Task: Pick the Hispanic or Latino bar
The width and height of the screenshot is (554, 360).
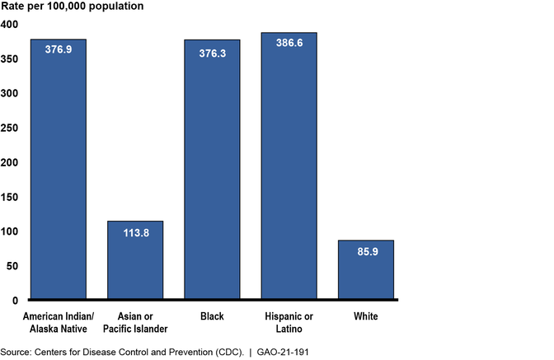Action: [x=289, y=165]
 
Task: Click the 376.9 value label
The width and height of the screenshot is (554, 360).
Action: [x=59, y=49]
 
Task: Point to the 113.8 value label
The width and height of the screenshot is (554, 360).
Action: [x=135, y=231]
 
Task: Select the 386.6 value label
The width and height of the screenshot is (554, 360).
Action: [x=289, y=43]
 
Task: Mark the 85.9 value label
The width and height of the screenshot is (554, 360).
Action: [x=365, y=250]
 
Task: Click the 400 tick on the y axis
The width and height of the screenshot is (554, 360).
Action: [x=9, y=25]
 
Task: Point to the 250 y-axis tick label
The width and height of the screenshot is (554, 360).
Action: [x=9, y=128]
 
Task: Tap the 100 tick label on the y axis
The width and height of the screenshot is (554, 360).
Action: [x=9, y=231]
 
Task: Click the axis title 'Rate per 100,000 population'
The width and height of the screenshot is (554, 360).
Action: [x=72, y=7]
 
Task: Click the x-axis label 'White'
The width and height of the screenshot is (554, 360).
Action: [x=365, y=315]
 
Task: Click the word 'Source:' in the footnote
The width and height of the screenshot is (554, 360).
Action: [x=18, y=350]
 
